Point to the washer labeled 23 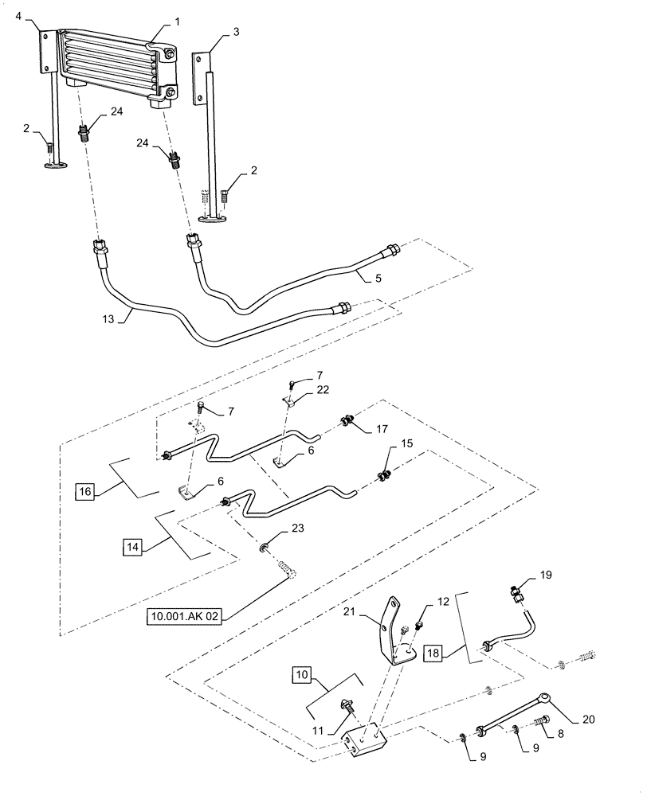pyautogui.click(x=263, y=547)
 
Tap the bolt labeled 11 pyautogui.click(x=348, y=704)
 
